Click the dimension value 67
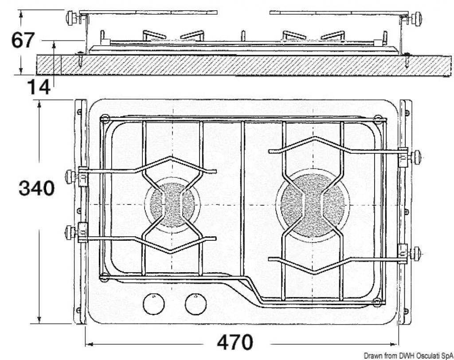23,40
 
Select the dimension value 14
39,86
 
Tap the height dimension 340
36,188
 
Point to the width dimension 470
235,342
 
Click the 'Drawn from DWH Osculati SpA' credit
408,356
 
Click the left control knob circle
154,304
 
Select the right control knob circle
196,304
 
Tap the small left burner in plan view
172,204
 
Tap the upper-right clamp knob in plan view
417,157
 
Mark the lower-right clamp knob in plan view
416,254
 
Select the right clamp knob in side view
417,19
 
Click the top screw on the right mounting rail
407,112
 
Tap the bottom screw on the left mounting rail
78,310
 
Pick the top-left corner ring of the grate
105,118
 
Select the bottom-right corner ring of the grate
376,302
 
